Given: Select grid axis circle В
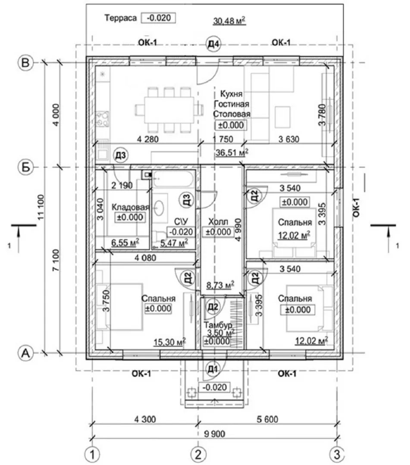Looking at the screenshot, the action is click(x=25, y=63).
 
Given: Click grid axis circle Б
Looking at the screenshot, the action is click(x=25, y=167).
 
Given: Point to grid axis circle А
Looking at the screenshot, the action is click(x=25, y=353).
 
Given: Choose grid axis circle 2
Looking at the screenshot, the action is click(x=198, y=454).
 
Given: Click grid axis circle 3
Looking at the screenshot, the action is click(x=337, y=454).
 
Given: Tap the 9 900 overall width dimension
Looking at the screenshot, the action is click(x=214, y=434).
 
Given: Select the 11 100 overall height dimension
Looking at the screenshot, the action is click(x=41, y=207).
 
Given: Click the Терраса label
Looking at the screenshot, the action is click(x=121, y=18).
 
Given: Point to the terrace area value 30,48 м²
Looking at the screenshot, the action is click(x=229, y=21).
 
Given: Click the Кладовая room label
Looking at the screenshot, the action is click(x=130, y=207).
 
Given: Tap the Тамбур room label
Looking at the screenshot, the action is click(x=218, y=325).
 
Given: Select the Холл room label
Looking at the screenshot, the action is click(x=218, y=222).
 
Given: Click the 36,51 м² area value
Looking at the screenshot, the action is click(x=232, y=152).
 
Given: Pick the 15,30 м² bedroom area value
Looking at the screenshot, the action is click(x=169, y=342).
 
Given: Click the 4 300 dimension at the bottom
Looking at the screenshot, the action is click(x=145, y=419).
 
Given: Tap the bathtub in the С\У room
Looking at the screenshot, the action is click(x=173, y=179).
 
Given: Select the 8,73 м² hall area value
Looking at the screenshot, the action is click(x=220, y=285).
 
